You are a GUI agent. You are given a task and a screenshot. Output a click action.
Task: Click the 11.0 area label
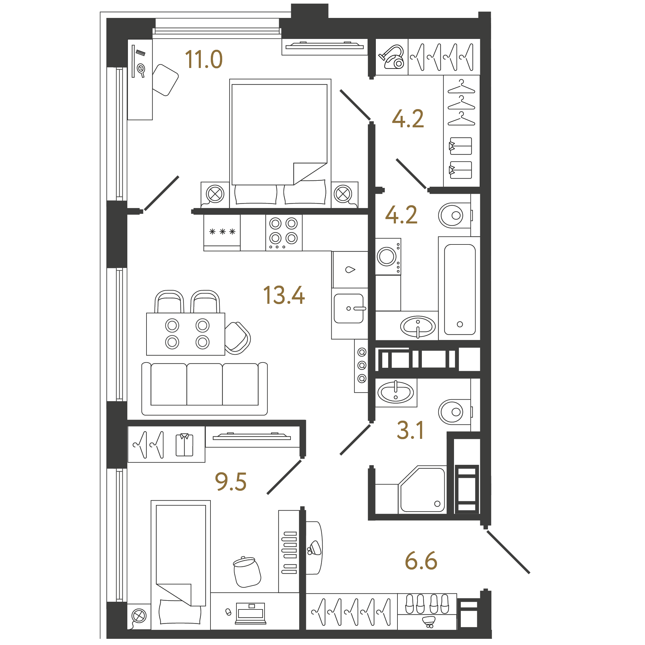click(x=204, y=59)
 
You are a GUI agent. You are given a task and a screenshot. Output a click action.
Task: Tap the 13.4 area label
click(x=284, y=295)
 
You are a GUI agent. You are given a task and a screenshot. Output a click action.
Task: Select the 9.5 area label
click(x=231, y=482)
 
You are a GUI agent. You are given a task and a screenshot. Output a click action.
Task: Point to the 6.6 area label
click(x=421, y=561)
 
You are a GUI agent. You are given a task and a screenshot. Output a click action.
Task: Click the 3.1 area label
click(x=410, y=430)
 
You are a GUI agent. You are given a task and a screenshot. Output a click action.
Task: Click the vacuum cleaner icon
click(x=392, y=57)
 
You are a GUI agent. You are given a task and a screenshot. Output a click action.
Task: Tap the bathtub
click(x=459, y=289)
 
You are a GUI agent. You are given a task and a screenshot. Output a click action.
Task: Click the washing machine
click(x=388, y=257)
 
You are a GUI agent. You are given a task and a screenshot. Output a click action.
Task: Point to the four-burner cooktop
click(x=284, y=233)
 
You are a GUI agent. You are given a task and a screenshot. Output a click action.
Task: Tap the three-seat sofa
click(x=205, y=389)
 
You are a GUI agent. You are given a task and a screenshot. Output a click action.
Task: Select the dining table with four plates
click(x=186, y=334)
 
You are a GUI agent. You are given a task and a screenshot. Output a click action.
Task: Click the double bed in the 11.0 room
click(x=280, y=143)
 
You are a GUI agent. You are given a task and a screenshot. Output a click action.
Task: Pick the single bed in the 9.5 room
click(x=180, y=565)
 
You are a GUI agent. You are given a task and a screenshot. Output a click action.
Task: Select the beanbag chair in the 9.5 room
click(x=247, y=571)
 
